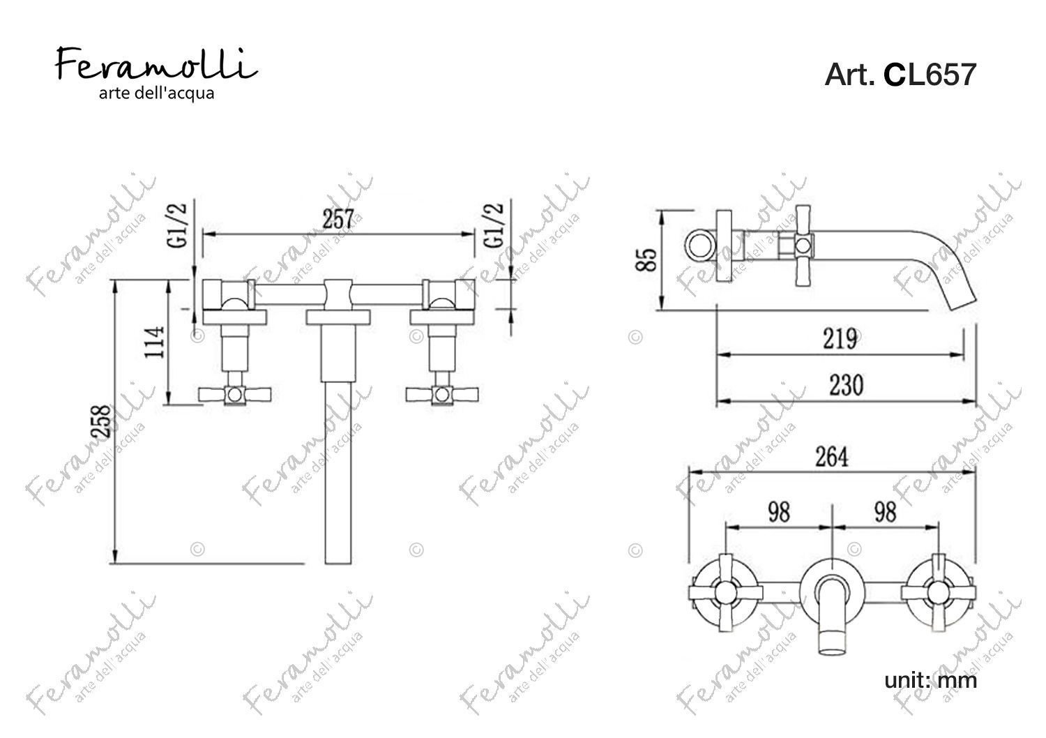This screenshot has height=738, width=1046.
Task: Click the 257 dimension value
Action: [338, 219]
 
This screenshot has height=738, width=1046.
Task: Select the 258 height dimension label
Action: [103, 421]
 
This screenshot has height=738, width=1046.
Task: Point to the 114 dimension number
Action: [155, 342]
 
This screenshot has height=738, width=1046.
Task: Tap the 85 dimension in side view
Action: [646, 259]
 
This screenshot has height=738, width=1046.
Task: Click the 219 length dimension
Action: [840, 339]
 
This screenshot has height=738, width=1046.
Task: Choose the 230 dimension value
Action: [847, 386]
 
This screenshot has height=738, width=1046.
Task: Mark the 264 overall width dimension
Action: [832, 458]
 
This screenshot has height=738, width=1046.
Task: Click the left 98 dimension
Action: [780, 513]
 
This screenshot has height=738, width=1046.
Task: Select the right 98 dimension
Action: [886, 513]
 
